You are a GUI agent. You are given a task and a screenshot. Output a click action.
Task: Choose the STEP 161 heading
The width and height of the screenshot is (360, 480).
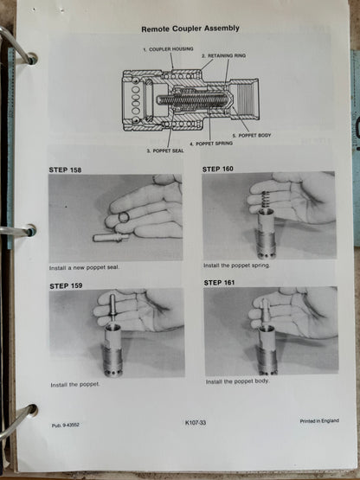[224, 282]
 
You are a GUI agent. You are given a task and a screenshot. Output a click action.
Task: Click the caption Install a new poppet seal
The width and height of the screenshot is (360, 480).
[85, 267]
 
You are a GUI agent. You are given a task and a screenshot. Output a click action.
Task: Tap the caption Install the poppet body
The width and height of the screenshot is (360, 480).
[235, 381]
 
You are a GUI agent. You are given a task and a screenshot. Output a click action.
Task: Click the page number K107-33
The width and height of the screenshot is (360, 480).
[200, 423]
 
